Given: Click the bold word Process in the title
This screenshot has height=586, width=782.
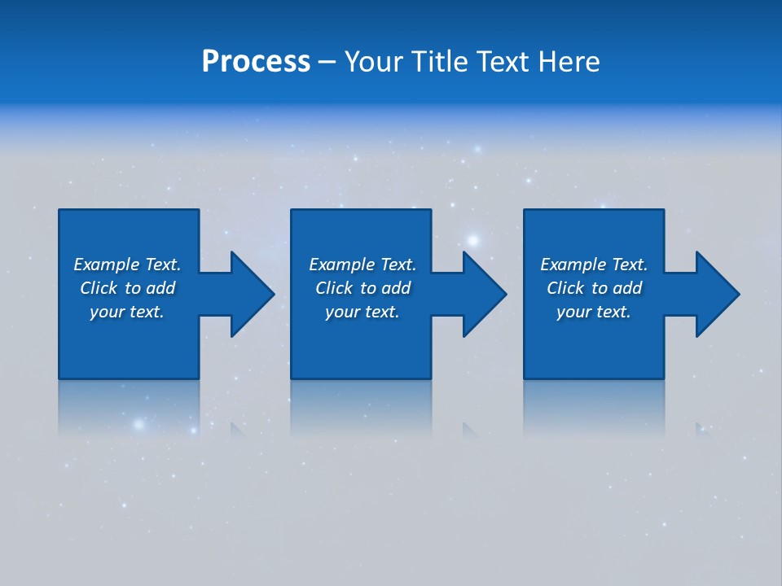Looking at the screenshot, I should tap(256, 62).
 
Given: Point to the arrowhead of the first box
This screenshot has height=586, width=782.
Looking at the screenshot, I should tap(252, 294).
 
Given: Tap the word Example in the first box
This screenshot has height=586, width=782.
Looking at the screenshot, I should tap(106, 265).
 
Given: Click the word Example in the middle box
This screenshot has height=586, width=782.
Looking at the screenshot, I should tap(341, 265).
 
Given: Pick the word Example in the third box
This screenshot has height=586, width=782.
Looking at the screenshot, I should tap(573, 265).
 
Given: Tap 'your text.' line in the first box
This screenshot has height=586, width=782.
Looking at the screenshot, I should tap(127, 312).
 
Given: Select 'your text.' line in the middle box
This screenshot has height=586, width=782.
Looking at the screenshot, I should tap(362, 312).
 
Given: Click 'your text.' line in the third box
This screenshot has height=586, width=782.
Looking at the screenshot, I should tap(594, 312).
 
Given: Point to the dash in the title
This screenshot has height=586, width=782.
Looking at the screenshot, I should tap(327, 63).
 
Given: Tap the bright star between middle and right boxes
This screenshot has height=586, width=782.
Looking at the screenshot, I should tap(472, 239).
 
